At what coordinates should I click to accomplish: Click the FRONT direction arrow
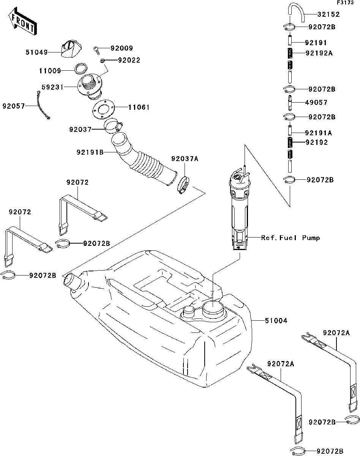tap(23, 21)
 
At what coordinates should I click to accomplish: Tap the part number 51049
tap(36, 52)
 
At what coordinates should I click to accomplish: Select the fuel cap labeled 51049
tap(71, 49)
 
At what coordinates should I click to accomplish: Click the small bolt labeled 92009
tap(96, 50)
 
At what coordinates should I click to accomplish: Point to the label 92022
tap(129, 60)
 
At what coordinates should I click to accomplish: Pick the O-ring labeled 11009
tap(81, 68)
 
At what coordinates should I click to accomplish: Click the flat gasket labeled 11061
tap(104, 109)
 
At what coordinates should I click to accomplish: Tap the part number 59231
tap(52, 87)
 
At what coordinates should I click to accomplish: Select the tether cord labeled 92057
tap(43, 105)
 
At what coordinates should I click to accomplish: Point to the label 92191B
tap(90, 152)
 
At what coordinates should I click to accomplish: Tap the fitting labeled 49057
tap(290, 103)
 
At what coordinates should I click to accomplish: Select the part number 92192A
tap(319, 53)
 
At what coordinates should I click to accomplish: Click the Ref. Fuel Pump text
tap(291, 238)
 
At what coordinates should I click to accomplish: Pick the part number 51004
tap(276, 321)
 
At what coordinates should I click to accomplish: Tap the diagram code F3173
tap(346, 3)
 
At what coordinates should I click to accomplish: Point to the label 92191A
tap(319, 133)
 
